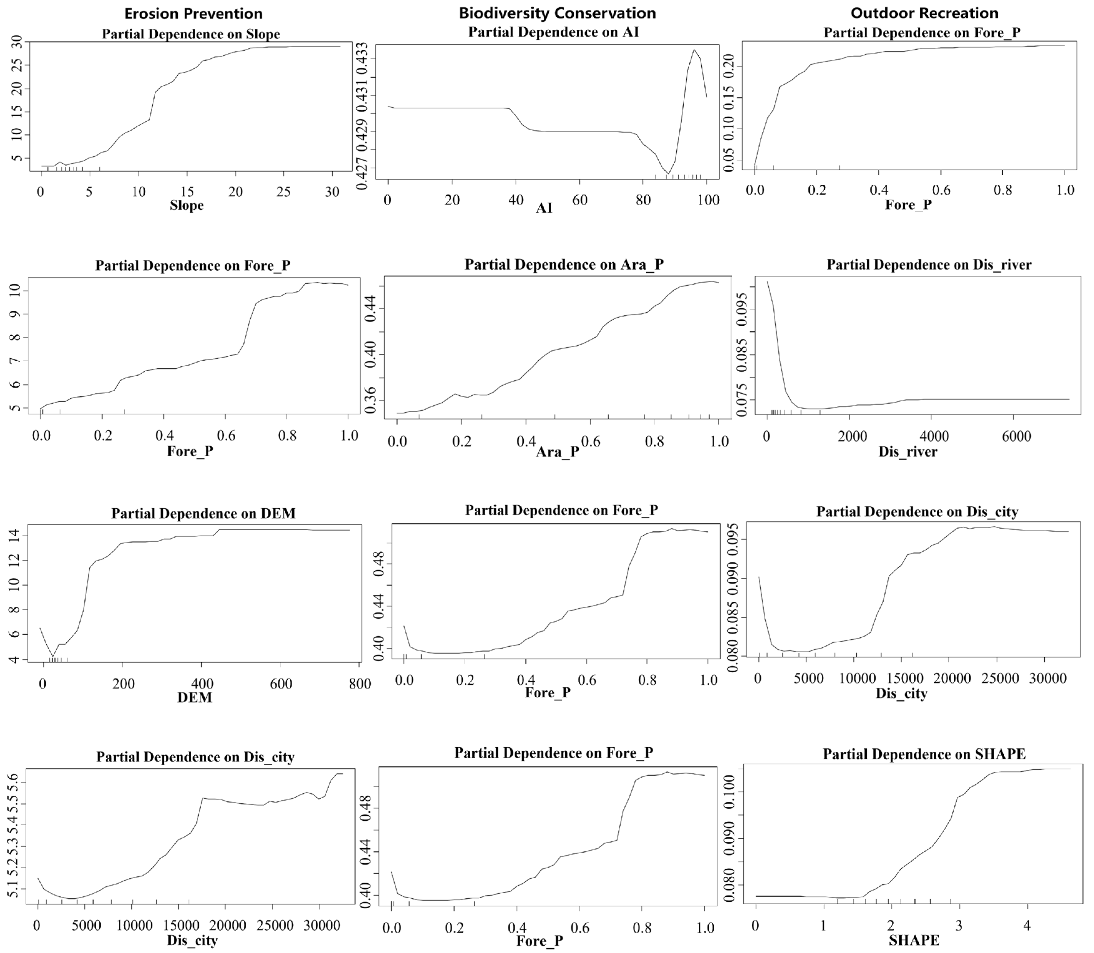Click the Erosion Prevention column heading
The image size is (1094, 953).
193,13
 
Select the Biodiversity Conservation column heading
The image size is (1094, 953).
557,13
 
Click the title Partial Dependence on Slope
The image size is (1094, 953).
191,34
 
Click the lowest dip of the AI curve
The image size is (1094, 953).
668,173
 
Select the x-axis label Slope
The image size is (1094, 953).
187,205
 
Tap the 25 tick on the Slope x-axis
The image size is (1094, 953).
283,192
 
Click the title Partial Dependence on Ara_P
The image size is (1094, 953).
564,264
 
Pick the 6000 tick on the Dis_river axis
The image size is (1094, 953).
1017,436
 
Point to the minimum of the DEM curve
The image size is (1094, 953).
52,656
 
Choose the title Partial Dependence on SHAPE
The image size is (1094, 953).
924,754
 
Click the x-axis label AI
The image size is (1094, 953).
544,208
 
